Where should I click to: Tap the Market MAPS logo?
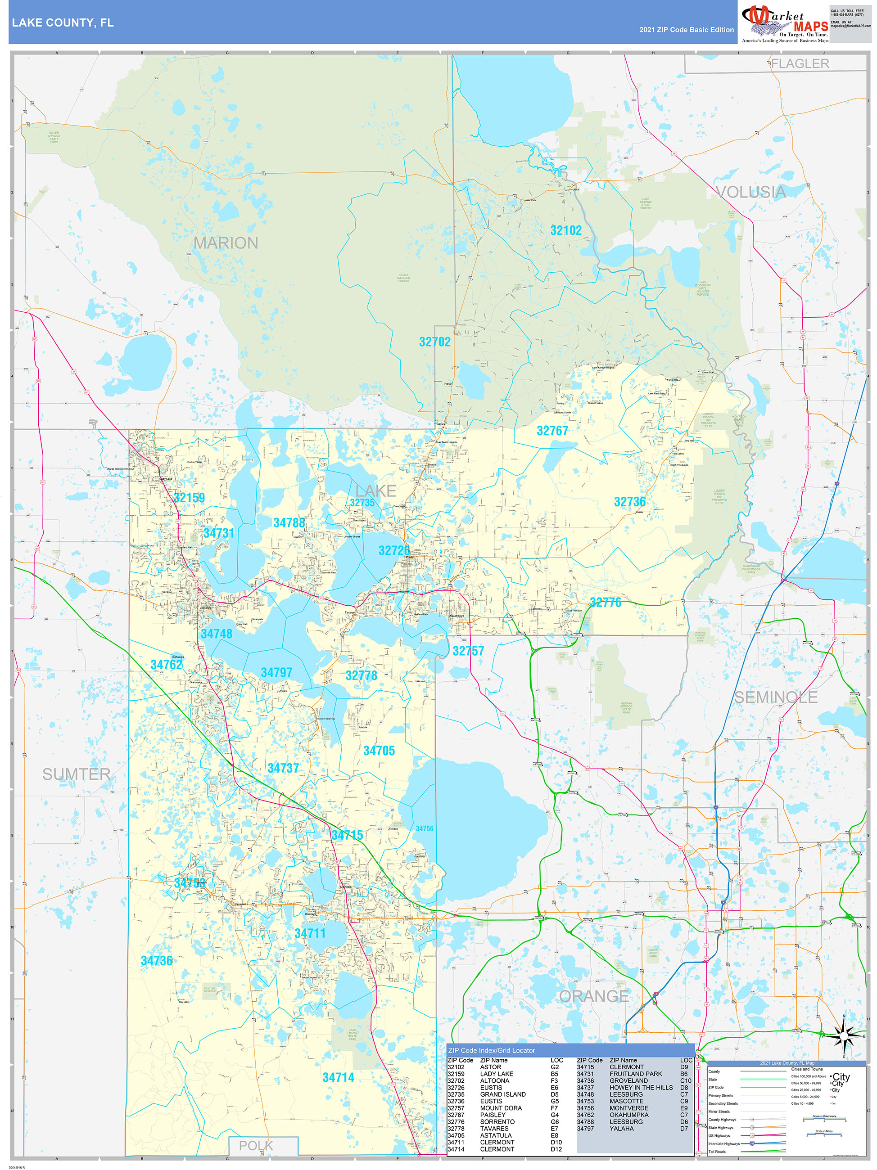click(785, 23)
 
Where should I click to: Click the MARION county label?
click(226, 243)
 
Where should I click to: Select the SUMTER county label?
click(76, 774)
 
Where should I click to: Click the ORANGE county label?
click(594, 996)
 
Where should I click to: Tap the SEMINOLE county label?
click(775, 697)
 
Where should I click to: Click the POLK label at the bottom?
click(256, 1146)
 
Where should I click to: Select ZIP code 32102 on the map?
click(566, 230)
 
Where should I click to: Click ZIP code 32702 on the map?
click(434, 342)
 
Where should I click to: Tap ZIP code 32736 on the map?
click(629, 502)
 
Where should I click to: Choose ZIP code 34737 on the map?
click(283, 768)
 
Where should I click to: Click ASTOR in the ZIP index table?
click(490, 1067)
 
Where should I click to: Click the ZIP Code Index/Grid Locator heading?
click(491, 1050)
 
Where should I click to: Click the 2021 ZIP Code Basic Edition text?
click(686, 30)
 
